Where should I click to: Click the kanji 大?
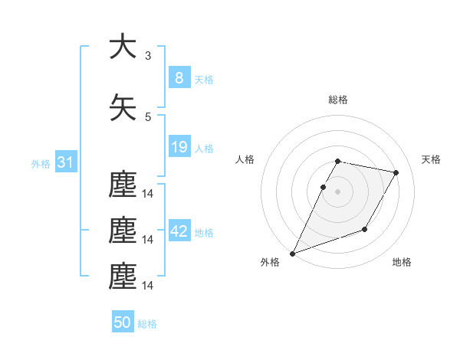[122, 47]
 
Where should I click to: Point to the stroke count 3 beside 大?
[148, 56]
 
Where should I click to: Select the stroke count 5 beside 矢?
[148, 117]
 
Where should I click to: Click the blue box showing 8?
[179, 77]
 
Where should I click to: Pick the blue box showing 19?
[179, 147]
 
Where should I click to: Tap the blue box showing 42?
[179, 231]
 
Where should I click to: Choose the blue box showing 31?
[65, 162]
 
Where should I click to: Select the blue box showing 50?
[123, 322]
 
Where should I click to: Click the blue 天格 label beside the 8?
[204, 79]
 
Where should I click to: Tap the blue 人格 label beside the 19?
[204, 149]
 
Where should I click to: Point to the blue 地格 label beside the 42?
[204, 233]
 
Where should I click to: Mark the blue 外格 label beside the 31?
[41, 164]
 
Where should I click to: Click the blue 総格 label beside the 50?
[147, 324]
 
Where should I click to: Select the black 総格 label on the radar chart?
[338, 100]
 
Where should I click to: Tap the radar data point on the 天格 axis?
[396, 173]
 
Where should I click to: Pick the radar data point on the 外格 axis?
[292, 254]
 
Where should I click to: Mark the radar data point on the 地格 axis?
[366, 229]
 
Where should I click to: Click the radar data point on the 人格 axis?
[323, 187]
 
